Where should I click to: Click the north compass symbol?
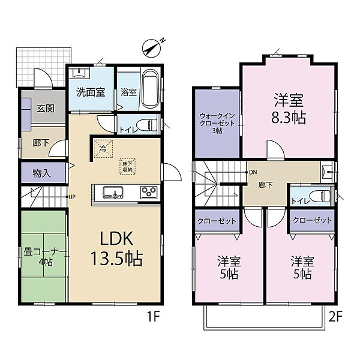pos(152,48)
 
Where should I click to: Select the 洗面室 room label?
pos(91,92)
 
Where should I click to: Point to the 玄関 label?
pos(46,108)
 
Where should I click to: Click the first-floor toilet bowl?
pos(146,125)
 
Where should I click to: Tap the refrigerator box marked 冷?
pos(103,149)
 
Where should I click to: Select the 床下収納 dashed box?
pos(127,167)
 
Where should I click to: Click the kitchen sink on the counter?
pos(113,193)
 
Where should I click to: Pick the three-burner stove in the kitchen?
pos(149,192)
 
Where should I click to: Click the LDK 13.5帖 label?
pos(116,248)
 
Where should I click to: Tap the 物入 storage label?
pos(41,173)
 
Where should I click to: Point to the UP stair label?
pos(72,197)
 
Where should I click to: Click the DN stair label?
pos(253,172)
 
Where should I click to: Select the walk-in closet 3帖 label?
pos(217,123)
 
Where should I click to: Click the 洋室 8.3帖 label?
pos(289,109)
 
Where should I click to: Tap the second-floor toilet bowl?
pos(320,196)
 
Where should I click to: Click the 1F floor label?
pos(153,317)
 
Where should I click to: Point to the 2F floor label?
pos(335,317)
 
